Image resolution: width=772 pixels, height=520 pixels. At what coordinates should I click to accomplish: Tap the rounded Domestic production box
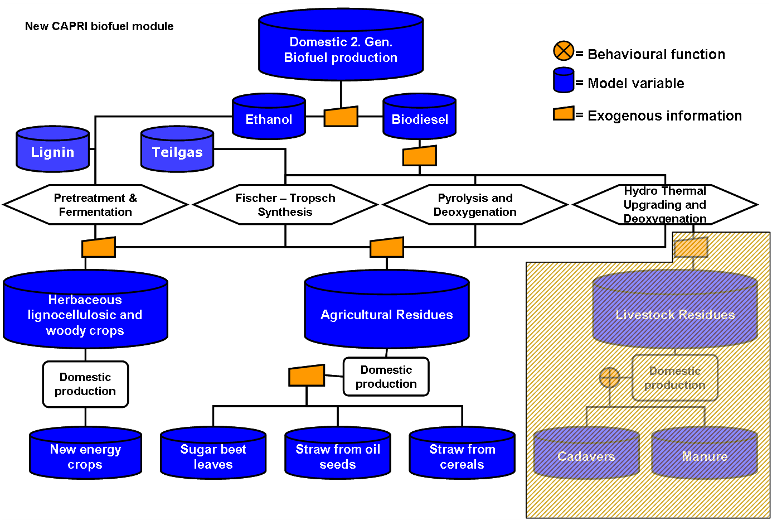(674, 378)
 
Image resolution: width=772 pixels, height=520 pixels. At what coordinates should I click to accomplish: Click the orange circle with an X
(564, 51)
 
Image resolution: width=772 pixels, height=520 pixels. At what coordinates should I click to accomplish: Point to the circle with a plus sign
(609, 378)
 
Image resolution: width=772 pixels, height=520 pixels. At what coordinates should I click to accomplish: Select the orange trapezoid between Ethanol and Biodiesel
(341, 117)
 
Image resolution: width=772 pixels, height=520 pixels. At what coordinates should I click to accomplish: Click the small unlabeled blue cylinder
(564, 80)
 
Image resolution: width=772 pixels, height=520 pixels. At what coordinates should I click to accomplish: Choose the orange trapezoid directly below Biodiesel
(419, 156)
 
